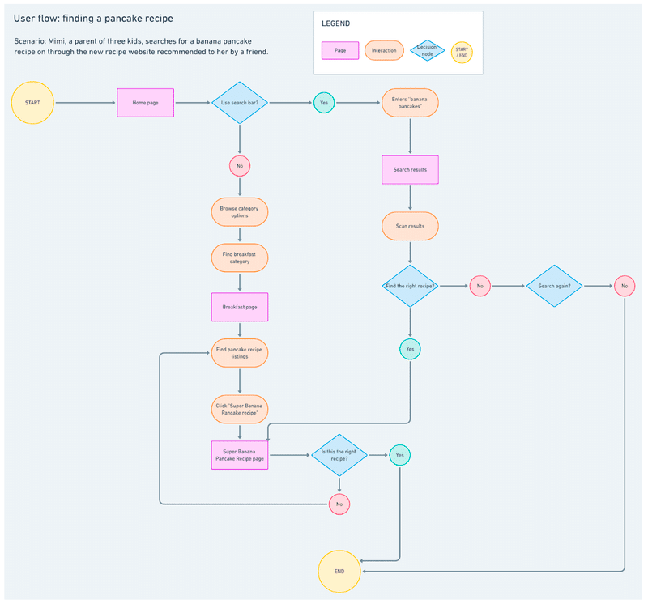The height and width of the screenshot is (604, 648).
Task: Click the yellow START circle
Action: (32, 103)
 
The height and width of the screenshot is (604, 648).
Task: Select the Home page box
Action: (146, 103)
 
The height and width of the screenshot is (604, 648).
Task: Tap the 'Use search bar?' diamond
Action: (240, 103)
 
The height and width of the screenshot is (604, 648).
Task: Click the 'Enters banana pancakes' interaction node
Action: (410, 103)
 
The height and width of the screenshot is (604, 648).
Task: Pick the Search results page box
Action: (410, 169)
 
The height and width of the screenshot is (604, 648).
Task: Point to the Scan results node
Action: (410, 226)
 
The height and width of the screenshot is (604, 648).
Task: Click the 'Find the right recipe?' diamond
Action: (410, 286)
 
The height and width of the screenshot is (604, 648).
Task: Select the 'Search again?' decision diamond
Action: (554, 286)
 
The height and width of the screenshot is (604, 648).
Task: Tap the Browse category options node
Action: (240, 212)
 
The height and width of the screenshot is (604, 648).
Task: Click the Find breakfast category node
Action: (240, 257)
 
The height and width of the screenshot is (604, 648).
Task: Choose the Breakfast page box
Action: (240, 307)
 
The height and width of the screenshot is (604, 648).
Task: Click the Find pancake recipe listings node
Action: (240, 353)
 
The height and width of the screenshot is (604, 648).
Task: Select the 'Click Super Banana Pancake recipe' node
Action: (240, 409)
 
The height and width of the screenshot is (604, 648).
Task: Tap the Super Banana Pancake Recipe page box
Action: (240, 455)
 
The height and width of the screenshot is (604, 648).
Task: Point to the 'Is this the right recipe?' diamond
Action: (339, 455)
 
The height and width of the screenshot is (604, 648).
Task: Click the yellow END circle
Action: (339, 572)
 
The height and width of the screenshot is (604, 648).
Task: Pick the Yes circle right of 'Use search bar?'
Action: (324, 103)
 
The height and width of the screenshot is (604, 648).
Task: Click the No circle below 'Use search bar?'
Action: (240, 166)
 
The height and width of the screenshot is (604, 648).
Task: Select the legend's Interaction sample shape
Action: (384, 50)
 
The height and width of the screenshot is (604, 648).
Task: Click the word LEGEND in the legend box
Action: (335, 23)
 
